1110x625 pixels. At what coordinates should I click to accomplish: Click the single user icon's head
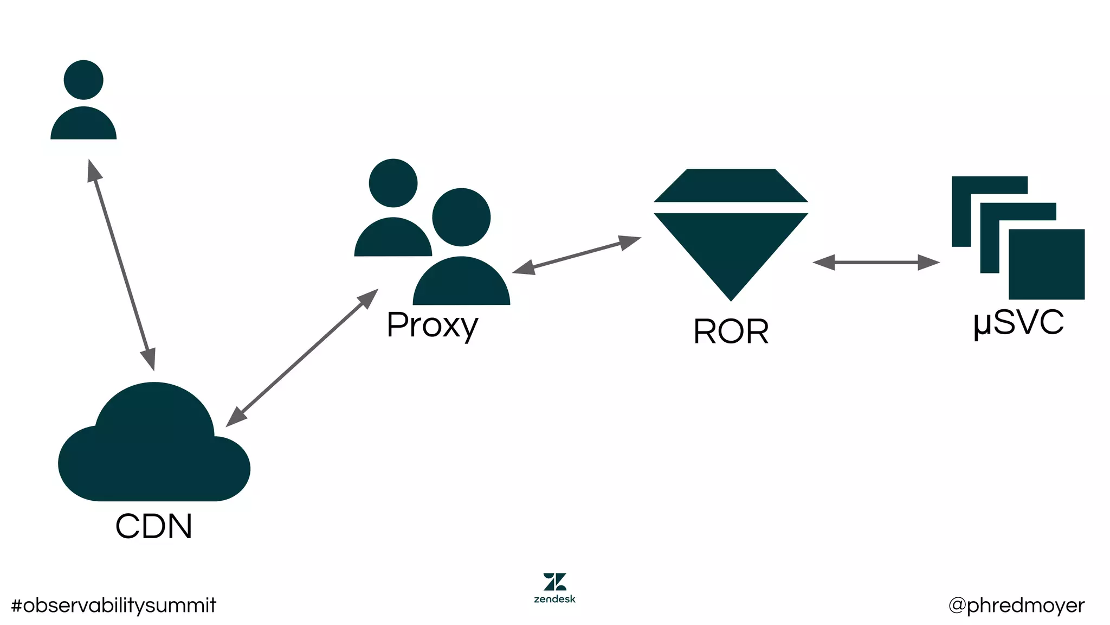click(83, 80)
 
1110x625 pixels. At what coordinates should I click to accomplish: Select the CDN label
click(154, 526)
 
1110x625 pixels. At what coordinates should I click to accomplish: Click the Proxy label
click(432, 325)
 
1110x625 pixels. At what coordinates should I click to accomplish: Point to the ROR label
click(731, 331)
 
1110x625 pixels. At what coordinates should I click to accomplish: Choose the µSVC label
click(1018, 322)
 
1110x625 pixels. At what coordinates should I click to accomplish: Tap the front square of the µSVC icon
click(1046, 264)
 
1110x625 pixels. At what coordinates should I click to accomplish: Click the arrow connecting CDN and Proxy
click(302, 358)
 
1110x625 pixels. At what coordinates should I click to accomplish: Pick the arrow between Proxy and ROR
click(577, 254)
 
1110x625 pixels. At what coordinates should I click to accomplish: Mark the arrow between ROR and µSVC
click(876, 263)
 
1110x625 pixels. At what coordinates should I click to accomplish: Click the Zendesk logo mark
click(554, 582)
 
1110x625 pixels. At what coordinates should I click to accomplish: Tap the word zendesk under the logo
click(554, 600)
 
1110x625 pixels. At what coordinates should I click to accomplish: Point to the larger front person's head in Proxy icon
click(461, 217)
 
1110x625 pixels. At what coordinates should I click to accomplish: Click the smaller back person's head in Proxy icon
click(393, 183)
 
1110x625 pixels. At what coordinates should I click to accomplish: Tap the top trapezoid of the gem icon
click(731, 186)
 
